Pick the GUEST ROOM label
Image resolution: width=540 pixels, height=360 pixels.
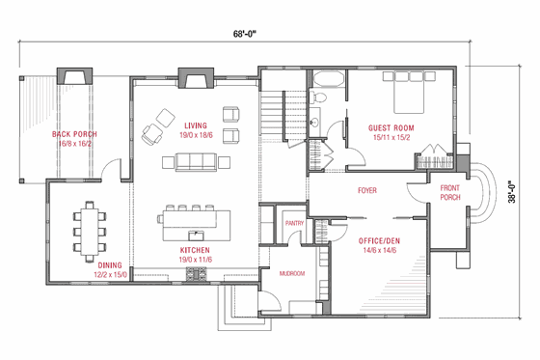391,126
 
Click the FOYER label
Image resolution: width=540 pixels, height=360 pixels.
366,189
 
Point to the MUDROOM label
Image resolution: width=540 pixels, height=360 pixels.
291,273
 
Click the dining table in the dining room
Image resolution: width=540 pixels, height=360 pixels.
88,229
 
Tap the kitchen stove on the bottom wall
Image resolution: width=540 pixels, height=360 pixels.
196,274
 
